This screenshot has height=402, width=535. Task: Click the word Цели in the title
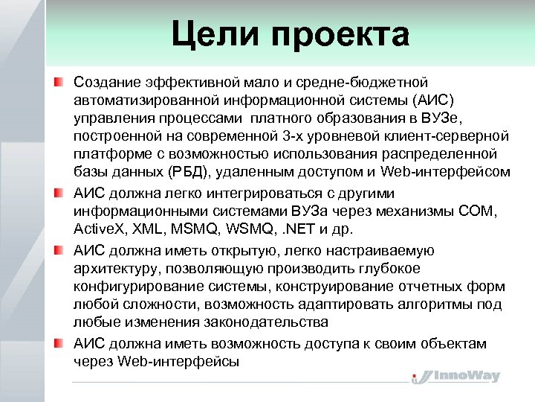tap(215, 35)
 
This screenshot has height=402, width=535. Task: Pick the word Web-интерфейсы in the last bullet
tap(178, 361)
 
